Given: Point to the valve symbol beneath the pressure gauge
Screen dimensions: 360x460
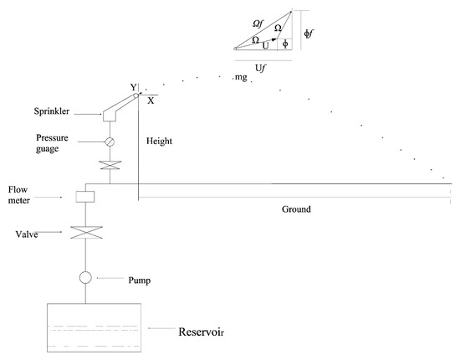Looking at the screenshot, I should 109,166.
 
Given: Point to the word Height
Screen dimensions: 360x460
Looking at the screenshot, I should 158,141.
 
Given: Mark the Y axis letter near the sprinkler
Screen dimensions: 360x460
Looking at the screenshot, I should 131,85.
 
